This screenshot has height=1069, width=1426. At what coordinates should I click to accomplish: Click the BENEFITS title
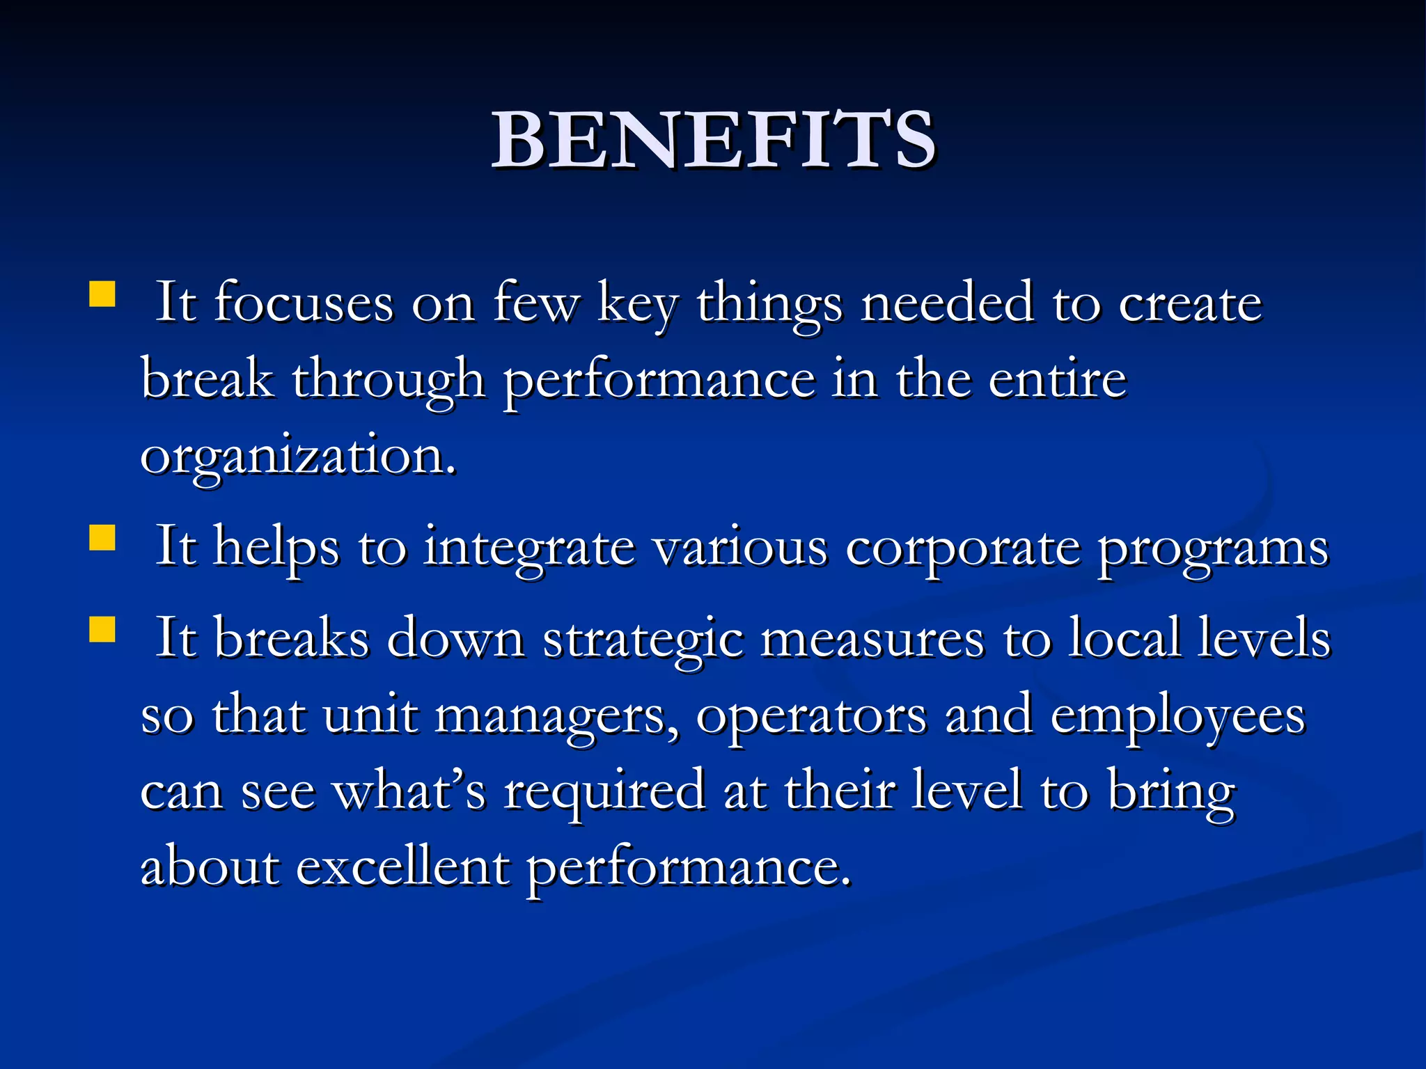coord(713,141)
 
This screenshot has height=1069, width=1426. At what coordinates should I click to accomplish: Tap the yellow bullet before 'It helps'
coord(102,537)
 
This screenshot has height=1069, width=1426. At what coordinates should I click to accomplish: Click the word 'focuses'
coord(304,304)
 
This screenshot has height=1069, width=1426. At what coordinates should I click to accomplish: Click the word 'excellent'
coord(402,869)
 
